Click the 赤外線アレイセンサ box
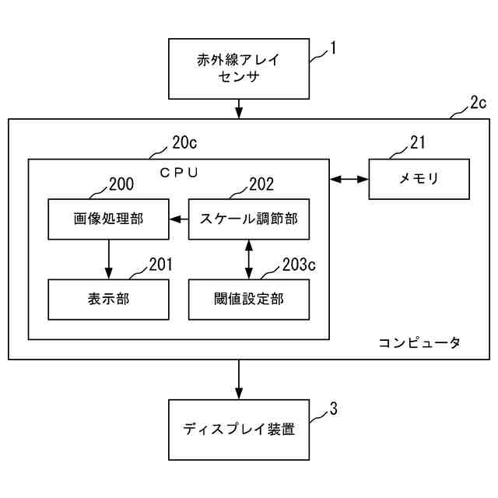239,68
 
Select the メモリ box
419,179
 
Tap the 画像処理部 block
109,219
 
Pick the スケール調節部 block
249,219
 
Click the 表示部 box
109,300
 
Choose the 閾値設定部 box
249,300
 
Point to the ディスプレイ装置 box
239,430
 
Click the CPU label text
179,173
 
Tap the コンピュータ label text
419,343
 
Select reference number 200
121,184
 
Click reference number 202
261,184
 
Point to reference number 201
161,265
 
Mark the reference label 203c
299,265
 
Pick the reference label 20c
184,142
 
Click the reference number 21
418,142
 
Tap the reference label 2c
479,103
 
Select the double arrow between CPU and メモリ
349,179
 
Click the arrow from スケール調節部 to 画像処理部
179,219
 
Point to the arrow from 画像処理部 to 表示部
109,259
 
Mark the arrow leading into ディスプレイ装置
239,380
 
